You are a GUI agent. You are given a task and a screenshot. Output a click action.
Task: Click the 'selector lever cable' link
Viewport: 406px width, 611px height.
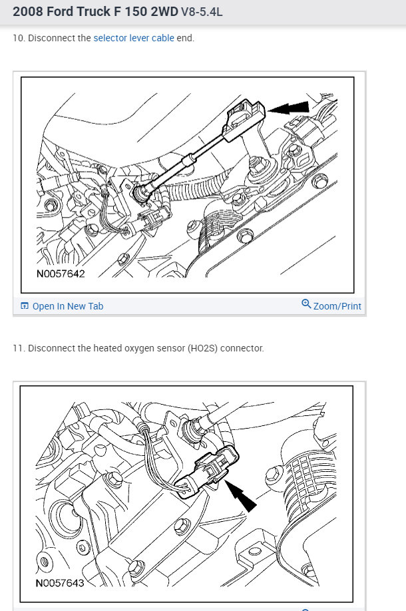coord(134,38)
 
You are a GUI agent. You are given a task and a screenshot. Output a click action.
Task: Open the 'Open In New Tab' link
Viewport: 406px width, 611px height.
coord(68,306)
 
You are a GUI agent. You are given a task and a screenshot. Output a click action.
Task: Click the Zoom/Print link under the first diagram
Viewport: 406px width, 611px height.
coord(337,306)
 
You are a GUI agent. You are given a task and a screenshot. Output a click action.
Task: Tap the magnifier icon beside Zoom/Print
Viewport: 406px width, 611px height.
coord(306,304)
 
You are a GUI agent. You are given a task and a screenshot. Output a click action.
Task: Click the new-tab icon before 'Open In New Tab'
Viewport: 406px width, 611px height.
coord(25,306)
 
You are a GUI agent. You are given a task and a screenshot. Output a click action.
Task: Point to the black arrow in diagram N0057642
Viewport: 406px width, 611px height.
coord(289,108)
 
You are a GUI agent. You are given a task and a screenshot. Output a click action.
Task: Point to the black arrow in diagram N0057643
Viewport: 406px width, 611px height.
coord(240,495)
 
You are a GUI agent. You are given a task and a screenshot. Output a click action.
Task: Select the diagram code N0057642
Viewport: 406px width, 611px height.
coord(61,274)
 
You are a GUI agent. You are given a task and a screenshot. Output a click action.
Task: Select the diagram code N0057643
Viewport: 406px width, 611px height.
coord(60,583)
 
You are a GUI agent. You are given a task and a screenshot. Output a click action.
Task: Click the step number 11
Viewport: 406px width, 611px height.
coord(18,348)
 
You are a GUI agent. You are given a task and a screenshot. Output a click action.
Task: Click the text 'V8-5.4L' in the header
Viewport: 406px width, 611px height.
coord(202,12)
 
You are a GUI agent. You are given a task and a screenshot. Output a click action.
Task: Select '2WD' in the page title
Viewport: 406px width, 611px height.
coord(164,11)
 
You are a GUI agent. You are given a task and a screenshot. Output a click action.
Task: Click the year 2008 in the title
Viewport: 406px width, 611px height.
coord(28,11)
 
